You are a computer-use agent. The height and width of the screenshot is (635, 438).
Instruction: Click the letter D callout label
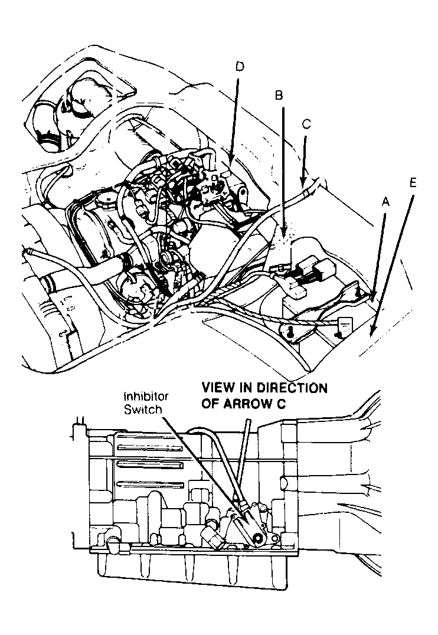coord(238,67)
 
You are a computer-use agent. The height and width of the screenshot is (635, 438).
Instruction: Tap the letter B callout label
coord(279,95)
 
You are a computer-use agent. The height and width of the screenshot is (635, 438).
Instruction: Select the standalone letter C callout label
coord(306,125)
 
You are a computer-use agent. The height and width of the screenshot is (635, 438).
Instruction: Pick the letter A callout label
coord(386,202)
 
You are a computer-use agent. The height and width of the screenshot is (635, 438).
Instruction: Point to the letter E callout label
coord(413,182)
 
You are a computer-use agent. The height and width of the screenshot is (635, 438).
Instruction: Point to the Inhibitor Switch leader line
coord(201,460)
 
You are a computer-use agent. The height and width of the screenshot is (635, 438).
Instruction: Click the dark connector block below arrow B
coord(309,273)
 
